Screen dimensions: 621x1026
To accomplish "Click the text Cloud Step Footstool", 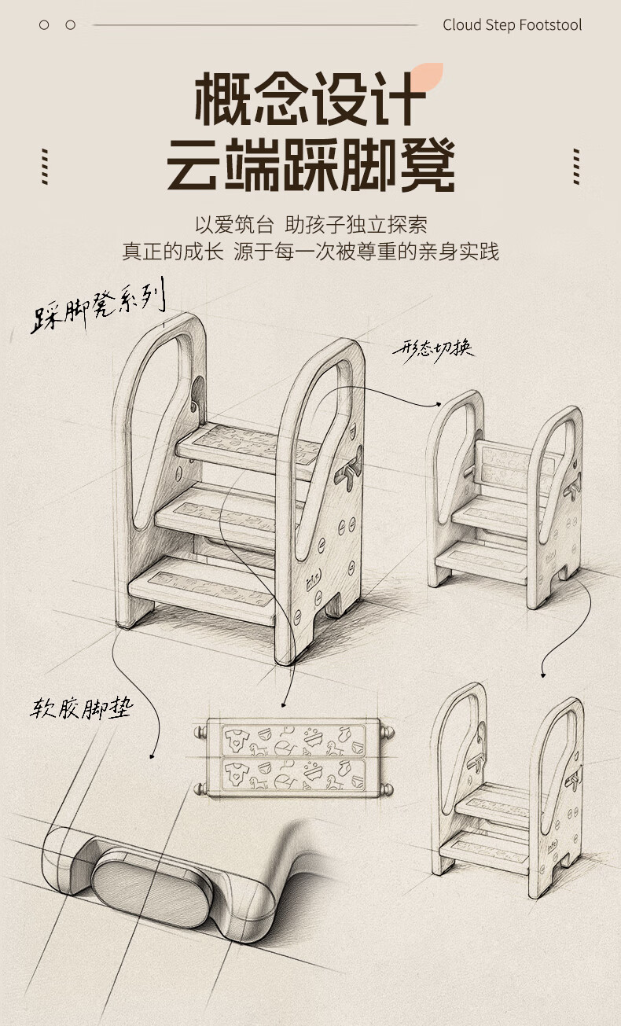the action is point(512,25).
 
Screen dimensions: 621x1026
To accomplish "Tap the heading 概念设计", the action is point(310,100).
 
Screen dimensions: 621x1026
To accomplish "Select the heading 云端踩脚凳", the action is point(310,166).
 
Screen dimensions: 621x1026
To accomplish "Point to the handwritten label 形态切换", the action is point(434,348).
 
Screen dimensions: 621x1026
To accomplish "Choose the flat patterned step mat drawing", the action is point(293,756).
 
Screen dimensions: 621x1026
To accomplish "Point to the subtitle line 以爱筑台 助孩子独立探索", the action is point(310,225).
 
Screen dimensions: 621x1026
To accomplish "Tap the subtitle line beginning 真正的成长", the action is point(310,252).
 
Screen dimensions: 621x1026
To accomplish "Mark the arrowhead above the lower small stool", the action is point(542,673).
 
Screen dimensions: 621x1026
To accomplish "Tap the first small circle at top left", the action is point(44,25).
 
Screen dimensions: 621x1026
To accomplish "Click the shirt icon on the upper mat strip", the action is point(234,737).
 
